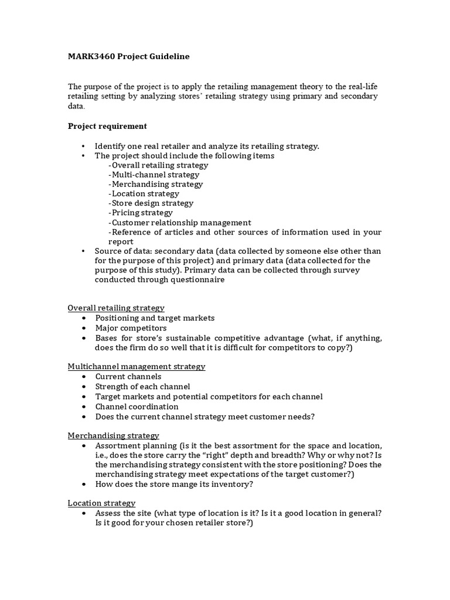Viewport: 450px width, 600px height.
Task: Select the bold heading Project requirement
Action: (x=107, y=126)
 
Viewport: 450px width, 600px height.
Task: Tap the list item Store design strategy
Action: (x=151, y=203)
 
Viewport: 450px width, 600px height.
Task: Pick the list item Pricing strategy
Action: (x=141, y=213)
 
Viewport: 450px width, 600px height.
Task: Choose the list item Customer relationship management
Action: (x=180, y=223)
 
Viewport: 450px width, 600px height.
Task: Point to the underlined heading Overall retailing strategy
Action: (x=116, y=308)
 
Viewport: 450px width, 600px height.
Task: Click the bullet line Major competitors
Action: (x=131, y=328)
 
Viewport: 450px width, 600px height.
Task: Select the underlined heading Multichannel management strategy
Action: (x=137, y=367)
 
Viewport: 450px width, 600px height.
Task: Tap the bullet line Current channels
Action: (x=128, y=377)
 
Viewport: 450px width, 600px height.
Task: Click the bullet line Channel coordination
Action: (x=137, y=407)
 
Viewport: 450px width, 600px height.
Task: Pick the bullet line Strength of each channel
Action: (x=142, y=387)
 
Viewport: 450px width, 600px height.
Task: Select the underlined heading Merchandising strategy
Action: (x=113, y=436)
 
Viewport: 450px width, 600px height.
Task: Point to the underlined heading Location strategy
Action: (x=101, y=503)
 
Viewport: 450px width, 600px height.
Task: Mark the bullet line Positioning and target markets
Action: (x=155, y=318)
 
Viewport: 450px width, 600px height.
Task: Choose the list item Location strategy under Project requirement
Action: (x=144, y=194)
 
